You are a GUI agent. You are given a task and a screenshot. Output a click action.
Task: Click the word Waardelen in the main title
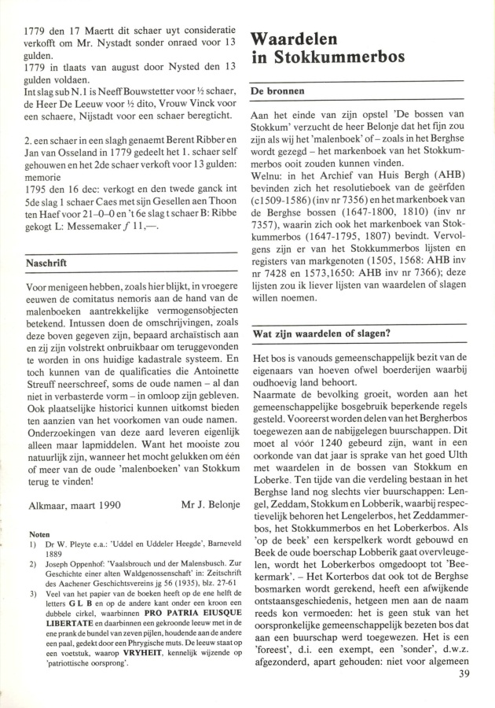tap(297, 39)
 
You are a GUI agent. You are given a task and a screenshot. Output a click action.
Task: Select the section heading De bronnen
tap(277, 92)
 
